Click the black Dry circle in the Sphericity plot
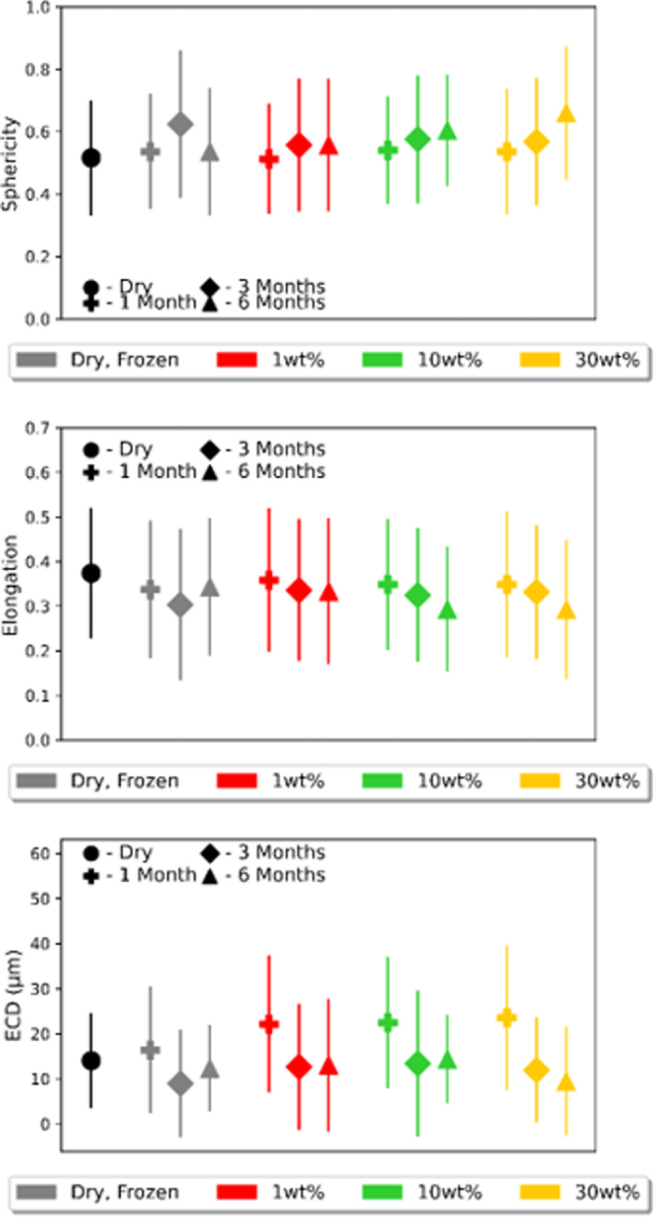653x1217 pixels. [x=91, y=157]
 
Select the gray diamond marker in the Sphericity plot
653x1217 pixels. [x=180, y=124]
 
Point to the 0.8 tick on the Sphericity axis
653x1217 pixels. [x=37, y=70]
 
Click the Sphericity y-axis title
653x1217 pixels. [x=10, y=163]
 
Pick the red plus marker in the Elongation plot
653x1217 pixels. [x=268, y=580]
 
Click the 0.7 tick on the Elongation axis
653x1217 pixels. [x=37, y=428]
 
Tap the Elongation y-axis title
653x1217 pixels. [x=10, y=585]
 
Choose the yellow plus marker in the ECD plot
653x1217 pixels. [x=506, y=1018]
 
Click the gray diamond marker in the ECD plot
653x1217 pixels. [x=180, y=1084]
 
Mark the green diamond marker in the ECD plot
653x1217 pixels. [x=417, y=1063]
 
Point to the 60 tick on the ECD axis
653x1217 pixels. [x=39, y=854]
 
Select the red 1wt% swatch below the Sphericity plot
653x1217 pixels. [x=236, y=360]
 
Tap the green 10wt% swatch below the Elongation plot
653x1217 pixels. [x=382, y=781]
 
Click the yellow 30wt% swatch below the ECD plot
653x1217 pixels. [x=539, y=1192]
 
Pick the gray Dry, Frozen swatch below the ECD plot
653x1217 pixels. [x=36, y=1192]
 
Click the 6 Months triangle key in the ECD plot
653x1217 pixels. [x=209, y=876]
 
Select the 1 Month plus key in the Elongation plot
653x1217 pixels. [x=91, y=472]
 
